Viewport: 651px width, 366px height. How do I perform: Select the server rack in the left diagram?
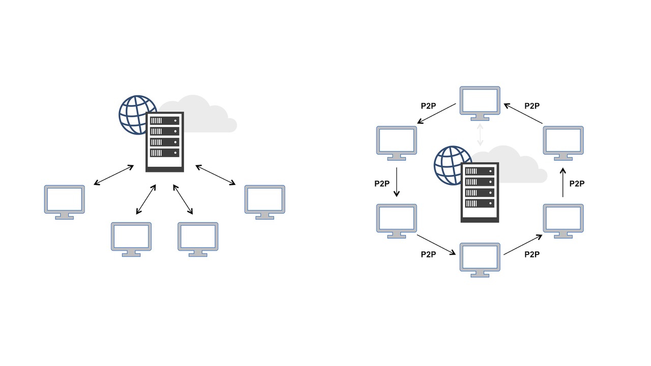[165, 142]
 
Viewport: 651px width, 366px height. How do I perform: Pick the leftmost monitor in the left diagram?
[65, 201]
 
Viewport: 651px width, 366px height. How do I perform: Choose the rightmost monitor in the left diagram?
[264, 201]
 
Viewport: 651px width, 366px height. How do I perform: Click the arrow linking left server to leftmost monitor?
[114, 175]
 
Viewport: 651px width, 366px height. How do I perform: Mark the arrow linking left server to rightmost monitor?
[216, 175]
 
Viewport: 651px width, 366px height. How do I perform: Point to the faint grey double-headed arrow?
[480, 134]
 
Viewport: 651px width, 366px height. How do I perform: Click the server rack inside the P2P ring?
[480, 192]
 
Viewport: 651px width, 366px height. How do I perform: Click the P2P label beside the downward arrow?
[382, 184]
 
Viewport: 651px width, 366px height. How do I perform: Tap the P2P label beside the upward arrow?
[577, 184]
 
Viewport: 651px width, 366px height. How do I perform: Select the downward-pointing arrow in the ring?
[397, 183]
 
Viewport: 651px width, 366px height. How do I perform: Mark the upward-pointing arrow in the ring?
[563, 183]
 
